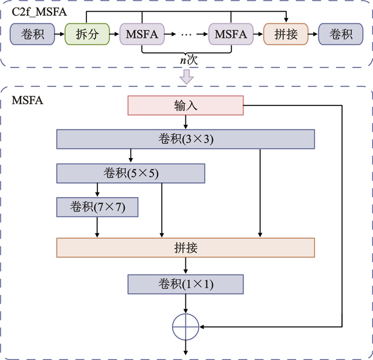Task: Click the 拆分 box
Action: (87, 34)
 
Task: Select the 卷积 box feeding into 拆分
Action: (32, 34)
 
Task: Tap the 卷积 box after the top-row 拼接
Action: (341, 34)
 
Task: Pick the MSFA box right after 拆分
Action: (142, 34)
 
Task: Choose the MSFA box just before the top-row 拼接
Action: (231, 34)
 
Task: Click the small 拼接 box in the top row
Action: (286, 34)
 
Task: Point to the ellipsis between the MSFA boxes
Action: (186, 35)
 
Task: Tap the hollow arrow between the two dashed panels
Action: (186, 78)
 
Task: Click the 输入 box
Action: (185, 105)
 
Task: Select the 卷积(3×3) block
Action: (185, 139)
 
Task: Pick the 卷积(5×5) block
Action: (131, 173)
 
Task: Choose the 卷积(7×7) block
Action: (97, 207)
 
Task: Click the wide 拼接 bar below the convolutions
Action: (185, 248)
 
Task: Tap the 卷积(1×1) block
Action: (185, 284)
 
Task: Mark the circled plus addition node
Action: (185, 325)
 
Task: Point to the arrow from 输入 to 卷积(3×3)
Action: (185, 122)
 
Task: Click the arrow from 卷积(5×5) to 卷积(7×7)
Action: (97, 190)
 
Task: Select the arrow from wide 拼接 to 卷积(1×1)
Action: (185, 266)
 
